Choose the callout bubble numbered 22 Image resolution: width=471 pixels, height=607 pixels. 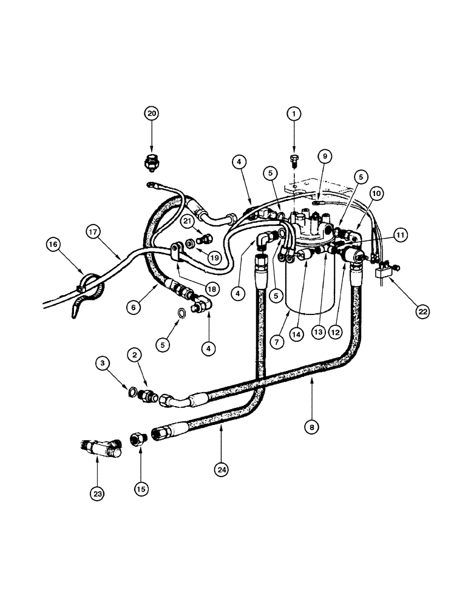coord(422,311)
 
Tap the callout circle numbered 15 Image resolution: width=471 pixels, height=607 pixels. coord(141,487)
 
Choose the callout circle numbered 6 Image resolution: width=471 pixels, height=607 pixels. coord(134,308)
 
